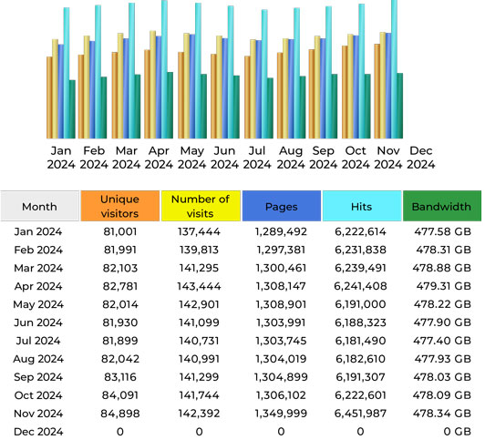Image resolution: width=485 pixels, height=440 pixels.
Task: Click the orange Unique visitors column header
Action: tap(119, 206)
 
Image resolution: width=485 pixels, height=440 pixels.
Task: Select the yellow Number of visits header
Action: tap(201, 206)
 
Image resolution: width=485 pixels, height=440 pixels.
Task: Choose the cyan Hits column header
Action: tap(361, 206)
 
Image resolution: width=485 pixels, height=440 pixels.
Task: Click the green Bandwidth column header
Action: tap(441, 206)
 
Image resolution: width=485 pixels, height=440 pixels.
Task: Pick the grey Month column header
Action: tap(39, 206)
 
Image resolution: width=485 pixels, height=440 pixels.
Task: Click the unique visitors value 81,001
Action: tap(119, 232)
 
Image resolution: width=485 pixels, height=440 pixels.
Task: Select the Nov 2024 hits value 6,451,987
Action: tap(361, 414)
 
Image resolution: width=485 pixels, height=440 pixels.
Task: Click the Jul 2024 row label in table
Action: tap(39, 341)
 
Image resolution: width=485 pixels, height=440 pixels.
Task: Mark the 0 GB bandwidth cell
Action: tap(441, 432)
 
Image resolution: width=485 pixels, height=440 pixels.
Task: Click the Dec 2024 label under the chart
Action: tap(421, 158)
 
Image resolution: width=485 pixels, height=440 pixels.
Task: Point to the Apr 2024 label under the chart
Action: tap(159, 158)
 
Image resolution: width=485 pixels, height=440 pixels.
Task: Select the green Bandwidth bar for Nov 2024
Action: tap(400, 105)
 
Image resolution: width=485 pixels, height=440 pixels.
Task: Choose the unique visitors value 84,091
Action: tap(119, 395)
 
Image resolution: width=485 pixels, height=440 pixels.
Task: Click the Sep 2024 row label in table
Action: tap(39, 377)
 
